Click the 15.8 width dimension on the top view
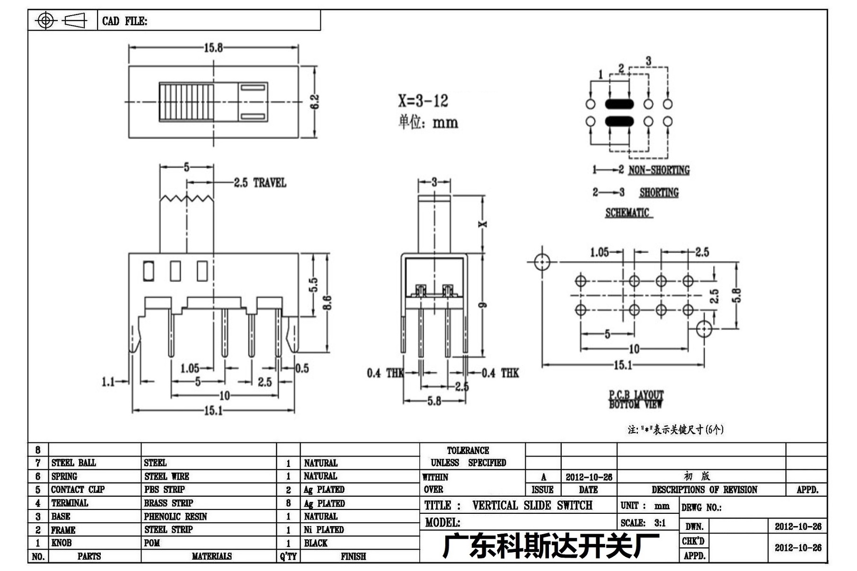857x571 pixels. coord(213,48)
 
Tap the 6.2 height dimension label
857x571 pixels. coord(315,102)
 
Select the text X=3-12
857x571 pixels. coord(423,101)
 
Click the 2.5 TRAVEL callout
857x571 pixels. coord(260,183)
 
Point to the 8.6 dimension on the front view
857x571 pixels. coord(327,303)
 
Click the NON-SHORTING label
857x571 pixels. coord(659,170)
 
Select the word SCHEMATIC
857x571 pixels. coord(627,213)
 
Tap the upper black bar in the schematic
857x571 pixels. coord(619,104)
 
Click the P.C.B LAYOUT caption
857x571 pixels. coord(636,395)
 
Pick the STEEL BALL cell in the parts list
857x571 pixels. coord(74,463)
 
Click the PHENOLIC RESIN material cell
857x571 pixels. coord(176,517)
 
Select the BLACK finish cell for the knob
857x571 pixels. coord(316,543)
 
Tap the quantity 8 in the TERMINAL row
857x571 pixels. coord(288,503)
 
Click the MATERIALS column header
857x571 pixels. coord(212,556)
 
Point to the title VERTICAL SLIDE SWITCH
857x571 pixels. coord(532,506)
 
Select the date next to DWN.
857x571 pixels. coord(798,527)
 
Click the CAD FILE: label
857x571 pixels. coord(124,21)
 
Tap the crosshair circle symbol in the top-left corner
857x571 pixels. coord(46,20)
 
